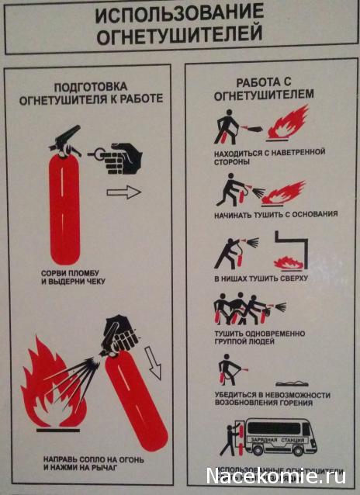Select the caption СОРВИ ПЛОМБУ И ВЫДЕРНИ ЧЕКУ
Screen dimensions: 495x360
(x=74, y=277)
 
